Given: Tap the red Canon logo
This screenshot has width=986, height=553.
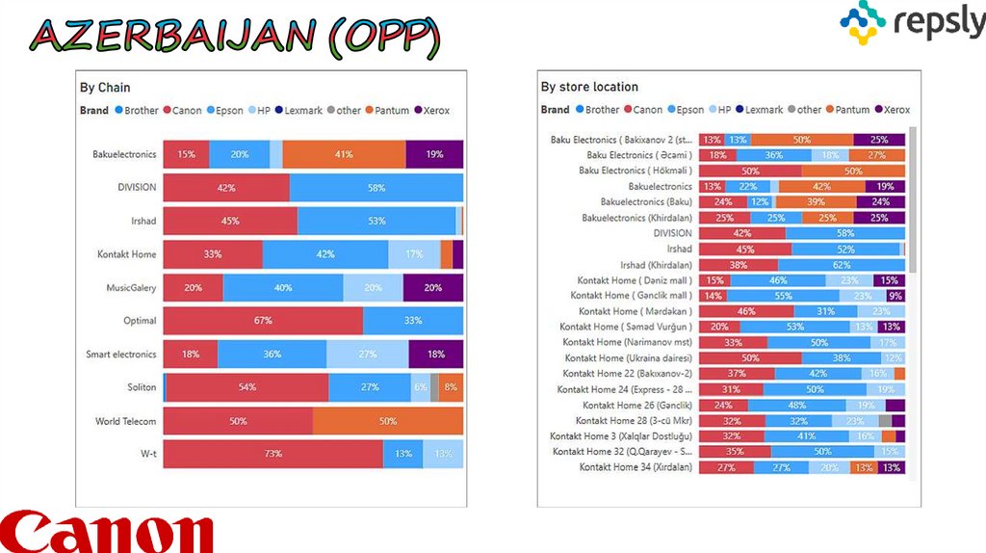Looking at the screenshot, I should pyautogui.click(x=106, y=533).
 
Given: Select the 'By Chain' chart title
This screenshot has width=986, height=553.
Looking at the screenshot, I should pyautogui.click(x=105, y=88).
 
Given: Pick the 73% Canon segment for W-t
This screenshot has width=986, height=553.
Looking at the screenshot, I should pyautogui.click(x=272, y=454).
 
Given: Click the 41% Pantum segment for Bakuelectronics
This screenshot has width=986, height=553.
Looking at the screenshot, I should pyautogui.click(x=344, y=154).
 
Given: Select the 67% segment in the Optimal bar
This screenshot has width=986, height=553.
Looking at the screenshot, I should pyautogui.click(x=263, y=321).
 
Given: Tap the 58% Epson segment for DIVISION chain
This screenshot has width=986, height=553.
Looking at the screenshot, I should pyautogui.click(x=376, y=187).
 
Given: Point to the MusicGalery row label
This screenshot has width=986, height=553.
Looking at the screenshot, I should pyautogui.click(x=131, y=288).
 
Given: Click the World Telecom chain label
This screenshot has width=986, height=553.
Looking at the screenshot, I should pyautogui.click(x=125, y=422).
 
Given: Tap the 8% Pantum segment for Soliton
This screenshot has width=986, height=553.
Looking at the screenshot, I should pyautogui.click(x=451, y=387).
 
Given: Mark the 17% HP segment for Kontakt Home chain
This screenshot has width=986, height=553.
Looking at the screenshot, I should pyautogui.click(x=414, y=254).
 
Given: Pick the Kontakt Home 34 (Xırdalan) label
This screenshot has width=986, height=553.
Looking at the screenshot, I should pyautogui.click(x=636, y=467).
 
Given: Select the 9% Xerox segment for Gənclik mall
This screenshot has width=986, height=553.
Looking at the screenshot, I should pyautogui.click(x=895, y=296).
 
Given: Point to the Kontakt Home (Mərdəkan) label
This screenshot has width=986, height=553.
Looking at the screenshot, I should pyautogui.click(x=636, y=311).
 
